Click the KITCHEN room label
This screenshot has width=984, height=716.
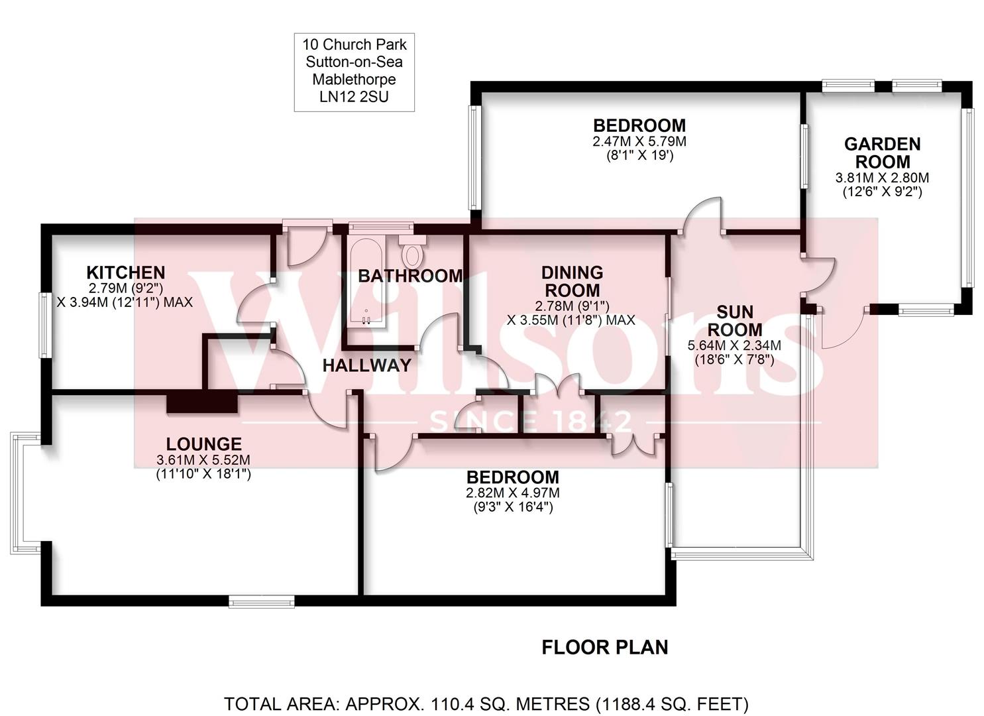tap(126, 272)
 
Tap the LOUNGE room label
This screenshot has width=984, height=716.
tap(203, 444)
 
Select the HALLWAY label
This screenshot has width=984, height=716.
tap(366, 365)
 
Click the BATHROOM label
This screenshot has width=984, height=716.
tap(410, 276)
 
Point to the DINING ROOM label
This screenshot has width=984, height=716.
tap(572, 282)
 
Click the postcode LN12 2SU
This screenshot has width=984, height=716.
tap(355, 97)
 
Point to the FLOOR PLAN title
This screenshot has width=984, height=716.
tap(604, 647)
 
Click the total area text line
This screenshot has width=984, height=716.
tap(486, 703)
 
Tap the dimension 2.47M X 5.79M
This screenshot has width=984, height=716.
tap(639, 142)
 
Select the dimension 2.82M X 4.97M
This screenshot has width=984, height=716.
tap(512, 493)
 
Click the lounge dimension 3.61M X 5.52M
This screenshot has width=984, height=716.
tap(203, 460)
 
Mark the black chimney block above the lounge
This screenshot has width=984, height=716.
tap(201, 402)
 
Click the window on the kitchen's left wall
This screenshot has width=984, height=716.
tap(44, 325)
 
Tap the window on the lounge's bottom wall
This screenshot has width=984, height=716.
tap(261, 601)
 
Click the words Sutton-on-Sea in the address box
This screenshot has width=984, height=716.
tap(355, 62)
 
